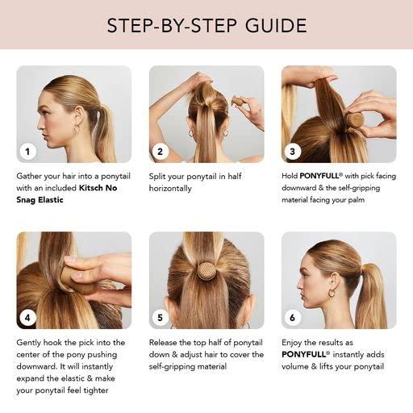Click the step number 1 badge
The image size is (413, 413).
coord(29,151)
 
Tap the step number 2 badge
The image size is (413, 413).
coord(161,151)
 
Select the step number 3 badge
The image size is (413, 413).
coord(294,151)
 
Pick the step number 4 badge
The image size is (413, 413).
coord(29,318)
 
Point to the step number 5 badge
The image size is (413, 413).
coord(161,318)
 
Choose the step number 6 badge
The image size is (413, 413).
coord(294,318)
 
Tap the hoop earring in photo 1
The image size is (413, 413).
coord(77,128)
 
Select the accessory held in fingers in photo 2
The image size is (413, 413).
coord(238,102)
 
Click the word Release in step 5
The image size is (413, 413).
coord(167,342)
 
